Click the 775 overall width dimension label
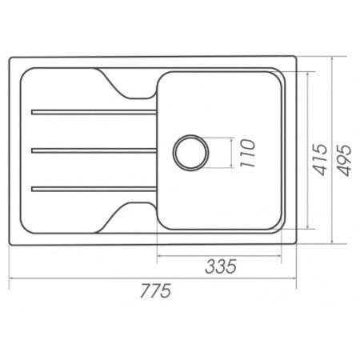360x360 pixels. [155, 290]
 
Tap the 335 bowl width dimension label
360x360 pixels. [221, 266]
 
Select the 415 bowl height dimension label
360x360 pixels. [319, 159]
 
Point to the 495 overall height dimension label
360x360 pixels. [344, 160]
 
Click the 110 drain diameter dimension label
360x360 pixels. [247, 153]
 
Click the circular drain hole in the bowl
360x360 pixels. [190, 153]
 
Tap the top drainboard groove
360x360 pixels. [94, 112]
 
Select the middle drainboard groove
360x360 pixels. [94, 150]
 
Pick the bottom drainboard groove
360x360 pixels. [94, 189]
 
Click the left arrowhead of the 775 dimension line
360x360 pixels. [11, 278]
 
